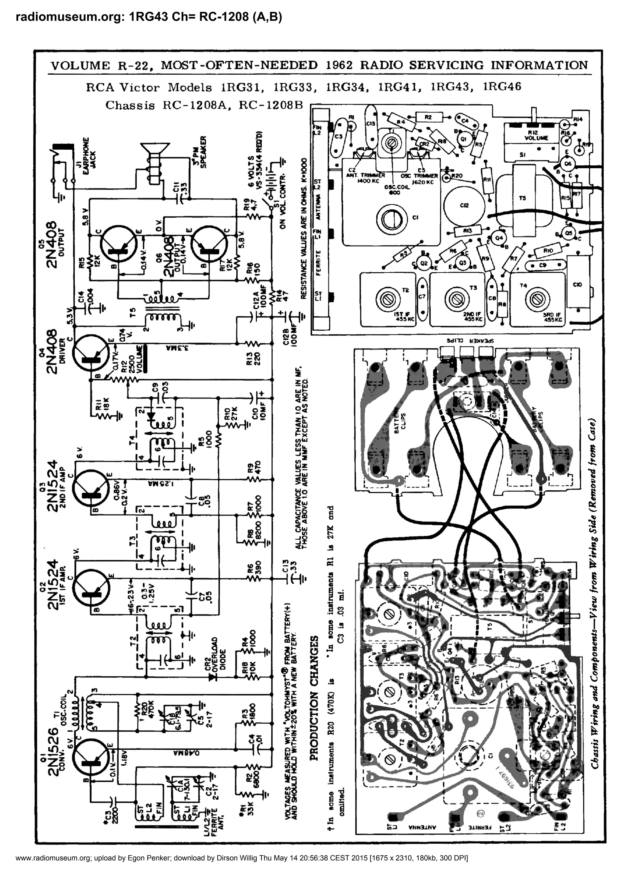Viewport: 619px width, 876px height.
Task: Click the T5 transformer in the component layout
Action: [x=523, y=198]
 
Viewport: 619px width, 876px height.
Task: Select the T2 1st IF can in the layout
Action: [x=387, y=299]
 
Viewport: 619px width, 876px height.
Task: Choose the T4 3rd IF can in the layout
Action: [x=537, y=299]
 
